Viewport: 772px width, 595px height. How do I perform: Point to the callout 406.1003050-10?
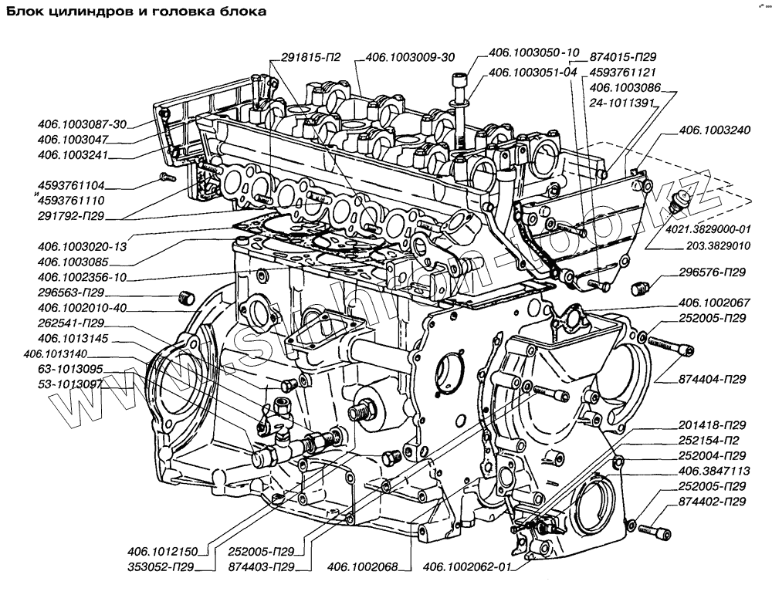(x=533, y=53)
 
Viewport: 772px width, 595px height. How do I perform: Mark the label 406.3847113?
(x=713, y=471)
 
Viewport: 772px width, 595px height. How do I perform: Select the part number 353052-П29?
(x=161, y=567)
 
